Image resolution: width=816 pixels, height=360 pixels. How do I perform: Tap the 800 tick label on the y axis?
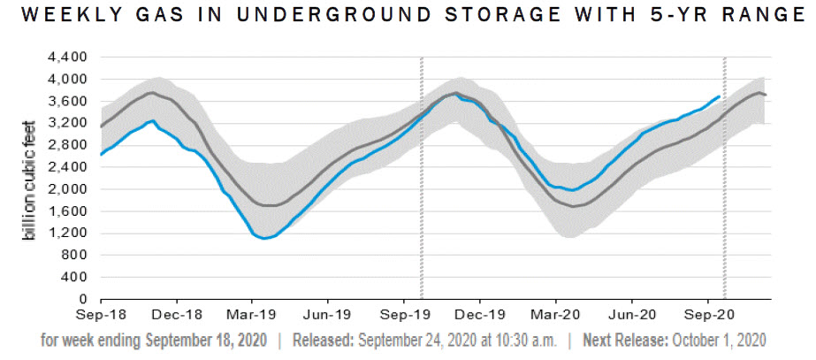pyautogui.click(x=76, y=256)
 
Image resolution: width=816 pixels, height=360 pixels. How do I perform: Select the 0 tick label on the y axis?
pyautogui.click(x=83, y=300)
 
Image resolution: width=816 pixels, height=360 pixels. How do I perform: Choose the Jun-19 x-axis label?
pyautogui.click(x=329, y=314)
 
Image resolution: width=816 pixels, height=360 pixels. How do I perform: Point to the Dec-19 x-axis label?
pyautogui.click(x=483, y=314)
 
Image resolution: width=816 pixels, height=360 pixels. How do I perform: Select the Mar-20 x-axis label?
pyautogui.click(x=558, y=314)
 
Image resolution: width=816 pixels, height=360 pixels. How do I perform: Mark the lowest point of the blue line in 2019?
pyautogui.click(x=263, y=238)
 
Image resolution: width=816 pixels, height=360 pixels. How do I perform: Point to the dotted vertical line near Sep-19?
pyautogui.click(x=421, y=177)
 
